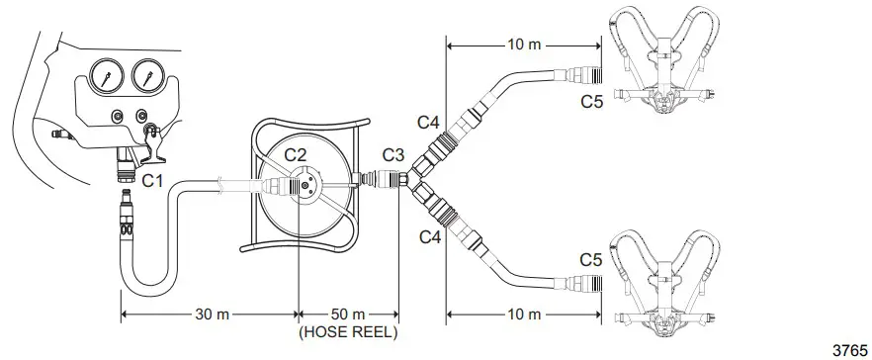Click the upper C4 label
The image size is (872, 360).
tap(428, 122)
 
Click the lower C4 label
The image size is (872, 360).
tap(428, 236)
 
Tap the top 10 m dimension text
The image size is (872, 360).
tap(523, 44)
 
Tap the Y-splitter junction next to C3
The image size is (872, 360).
tap(406, 179)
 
